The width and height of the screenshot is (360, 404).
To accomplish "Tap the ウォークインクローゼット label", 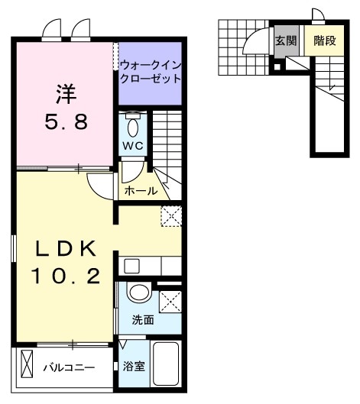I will point(151,72).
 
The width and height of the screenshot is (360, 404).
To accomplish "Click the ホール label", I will point(141,190).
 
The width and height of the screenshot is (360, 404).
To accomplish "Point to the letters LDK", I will point(64,248).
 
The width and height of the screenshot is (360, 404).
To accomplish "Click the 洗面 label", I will point(143,320).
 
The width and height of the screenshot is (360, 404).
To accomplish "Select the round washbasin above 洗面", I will point(138,293).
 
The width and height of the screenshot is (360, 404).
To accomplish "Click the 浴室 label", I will point(134,367).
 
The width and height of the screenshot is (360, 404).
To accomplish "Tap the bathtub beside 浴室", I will point(166,365).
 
